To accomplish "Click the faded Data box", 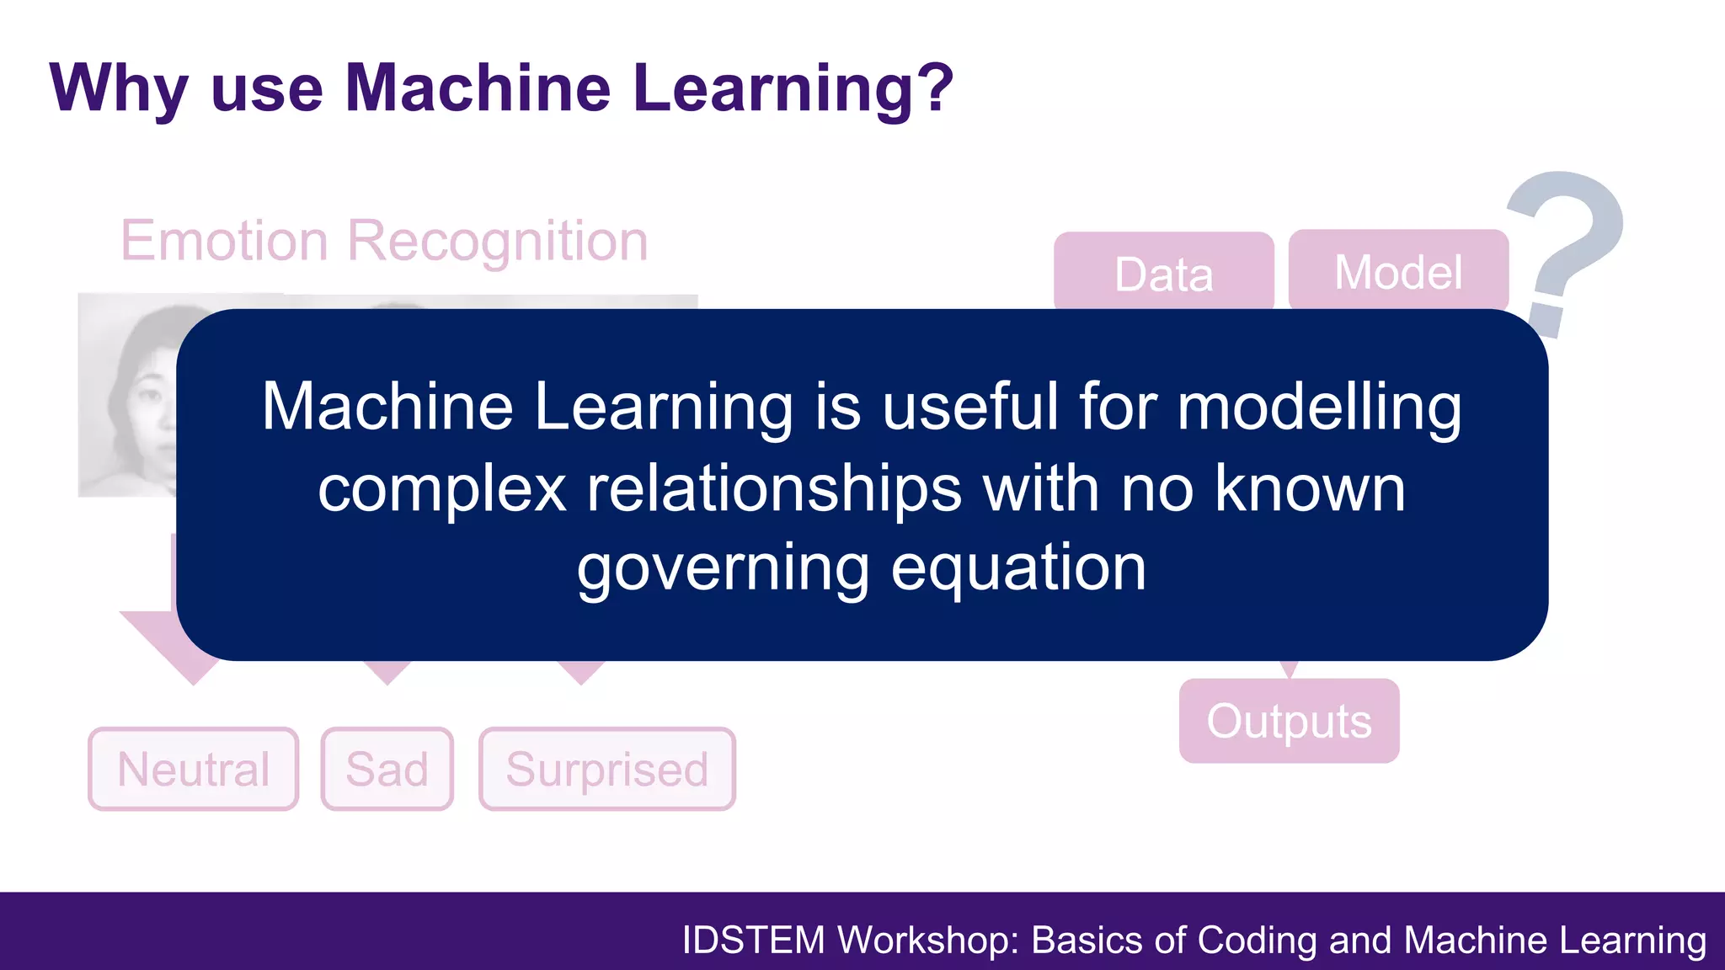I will (x=1163, y=272).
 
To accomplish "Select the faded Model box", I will (x=1398, y=270).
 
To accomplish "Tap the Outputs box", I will (x=1289, y=721).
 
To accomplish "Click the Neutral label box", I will (x=193, y=769).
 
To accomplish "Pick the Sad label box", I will (x=387, y=769).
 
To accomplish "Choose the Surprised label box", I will (x=606, y=769).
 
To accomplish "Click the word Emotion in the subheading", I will (x=224, y=241).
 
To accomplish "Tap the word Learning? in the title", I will (x=793, y=89).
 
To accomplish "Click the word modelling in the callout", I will (x=1319, y=408).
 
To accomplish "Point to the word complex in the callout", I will (x=441, y=489).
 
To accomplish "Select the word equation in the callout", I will (x=1018, y=568).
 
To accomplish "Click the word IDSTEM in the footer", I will (x=753, y=941).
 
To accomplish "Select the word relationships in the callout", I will (x=774, y=489).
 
